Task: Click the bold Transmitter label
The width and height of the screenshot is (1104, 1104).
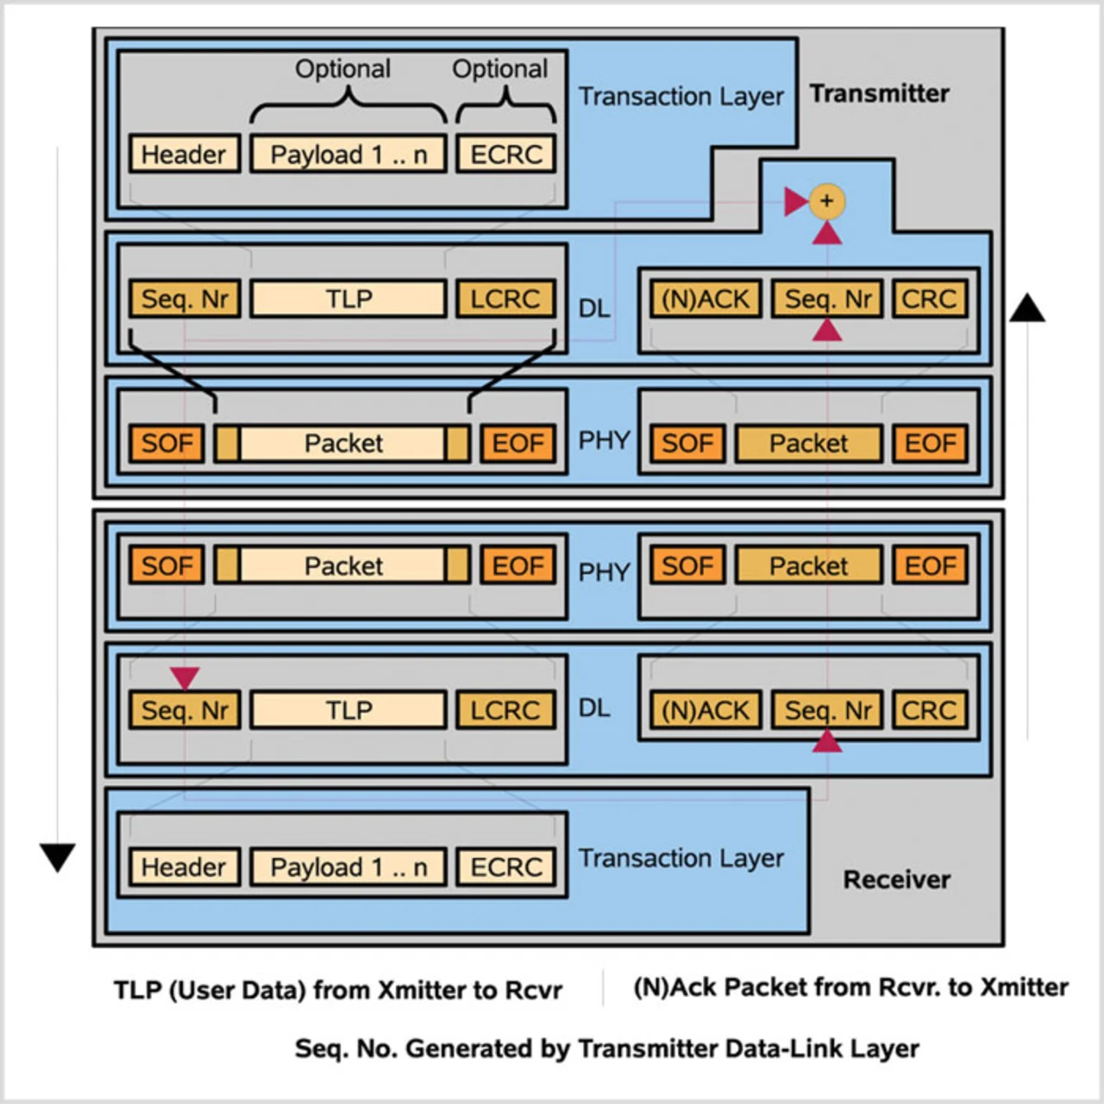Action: click(879, 93)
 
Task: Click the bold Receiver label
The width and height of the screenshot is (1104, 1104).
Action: click(896, 880)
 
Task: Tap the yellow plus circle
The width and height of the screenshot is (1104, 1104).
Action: click(826, 201)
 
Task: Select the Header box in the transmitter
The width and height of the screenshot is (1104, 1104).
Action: click(184, 154)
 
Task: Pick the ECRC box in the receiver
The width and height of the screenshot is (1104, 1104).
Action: click(506, 867)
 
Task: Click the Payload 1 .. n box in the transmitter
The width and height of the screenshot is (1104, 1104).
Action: click(348, 154)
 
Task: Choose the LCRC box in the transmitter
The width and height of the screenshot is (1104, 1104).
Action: click(505, 299)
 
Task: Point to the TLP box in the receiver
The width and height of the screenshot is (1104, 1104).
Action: click(348, 710)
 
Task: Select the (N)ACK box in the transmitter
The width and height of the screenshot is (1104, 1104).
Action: click(706, 299)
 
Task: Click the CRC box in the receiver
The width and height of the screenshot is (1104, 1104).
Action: click(929, 710)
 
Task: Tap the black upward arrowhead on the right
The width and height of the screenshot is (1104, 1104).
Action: click(1027, 308)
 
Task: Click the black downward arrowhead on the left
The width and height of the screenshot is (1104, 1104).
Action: click(58, 856)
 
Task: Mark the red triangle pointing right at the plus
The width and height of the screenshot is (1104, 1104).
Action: click(795, 202)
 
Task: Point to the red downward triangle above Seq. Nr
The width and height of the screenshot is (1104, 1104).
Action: click(185, 677)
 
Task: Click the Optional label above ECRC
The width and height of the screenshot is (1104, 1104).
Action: click(500, 69)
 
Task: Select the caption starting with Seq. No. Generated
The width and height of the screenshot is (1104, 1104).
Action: click(606, 1049)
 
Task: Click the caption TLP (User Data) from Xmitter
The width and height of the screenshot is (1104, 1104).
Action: click(338, 990)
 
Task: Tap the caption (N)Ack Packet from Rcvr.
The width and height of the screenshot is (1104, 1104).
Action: click(850, 988)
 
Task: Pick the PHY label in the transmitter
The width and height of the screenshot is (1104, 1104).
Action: click(604, 441)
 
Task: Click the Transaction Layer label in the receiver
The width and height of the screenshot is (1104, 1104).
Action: click(681, 858)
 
